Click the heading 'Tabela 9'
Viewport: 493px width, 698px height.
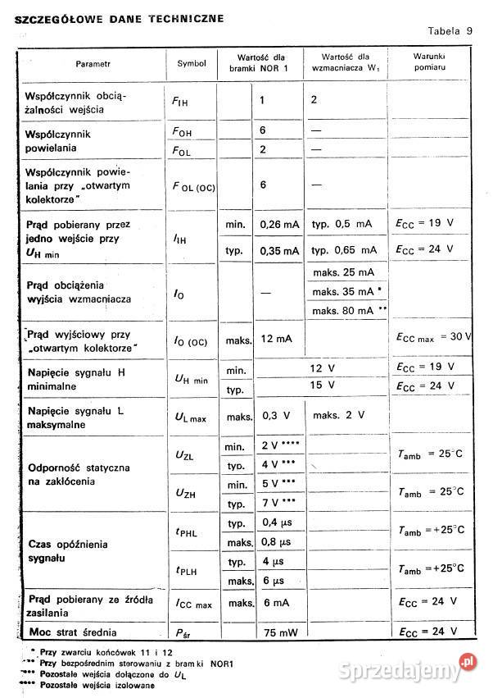[x=450, y=31]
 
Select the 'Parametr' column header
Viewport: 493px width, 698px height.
[x=93, y=64]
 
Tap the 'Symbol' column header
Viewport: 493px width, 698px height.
[x=192, y=64]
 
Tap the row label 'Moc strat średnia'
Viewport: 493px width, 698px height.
[x=83, y=632]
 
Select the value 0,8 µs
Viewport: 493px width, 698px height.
[x=275, y=543]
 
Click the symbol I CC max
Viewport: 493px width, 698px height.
[x=193, y=604]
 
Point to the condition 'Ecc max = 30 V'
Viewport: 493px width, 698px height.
[x=433, y=337]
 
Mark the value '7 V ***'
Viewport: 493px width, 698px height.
[x=278, y=501]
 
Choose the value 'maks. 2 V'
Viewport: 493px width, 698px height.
[x=338, y=415]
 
